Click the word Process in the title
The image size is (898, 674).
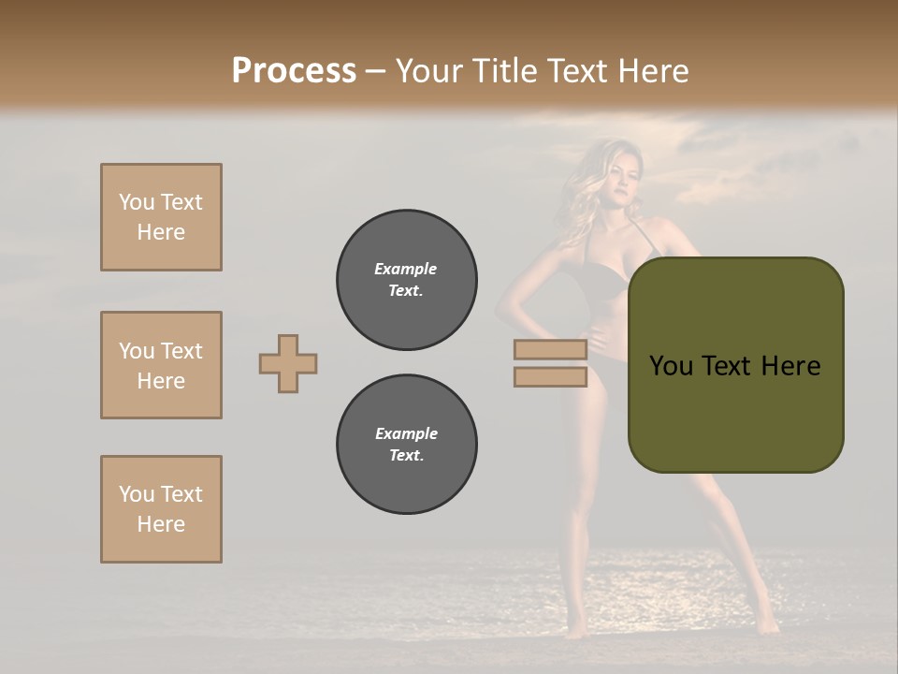click(x=294, y=71)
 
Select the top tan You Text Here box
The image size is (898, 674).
click(x=161, y=217)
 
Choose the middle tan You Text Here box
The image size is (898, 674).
click(x=161, y=365)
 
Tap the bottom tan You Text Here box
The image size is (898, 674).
click(x=161, y=509)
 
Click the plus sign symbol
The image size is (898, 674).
click(x=288, y=363)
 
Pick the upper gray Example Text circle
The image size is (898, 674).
click(x=406, y=280)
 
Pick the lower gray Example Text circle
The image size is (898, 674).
click(x=406, y=445)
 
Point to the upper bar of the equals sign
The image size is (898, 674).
click(x=550, y=350)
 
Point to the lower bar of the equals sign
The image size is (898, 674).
click(x=550, y=376)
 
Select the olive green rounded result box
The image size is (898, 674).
click(x=735, y=365)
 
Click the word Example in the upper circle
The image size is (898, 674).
click(x=406, y=269)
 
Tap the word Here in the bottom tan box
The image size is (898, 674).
click(x=161, y=524)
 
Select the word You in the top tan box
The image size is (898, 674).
click(x=136, y=202)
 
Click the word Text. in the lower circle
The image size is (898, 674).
click(x=406, y=456)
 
